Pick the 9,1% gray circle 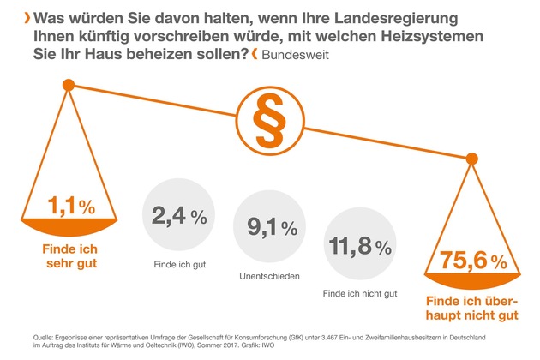(271, 228)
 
